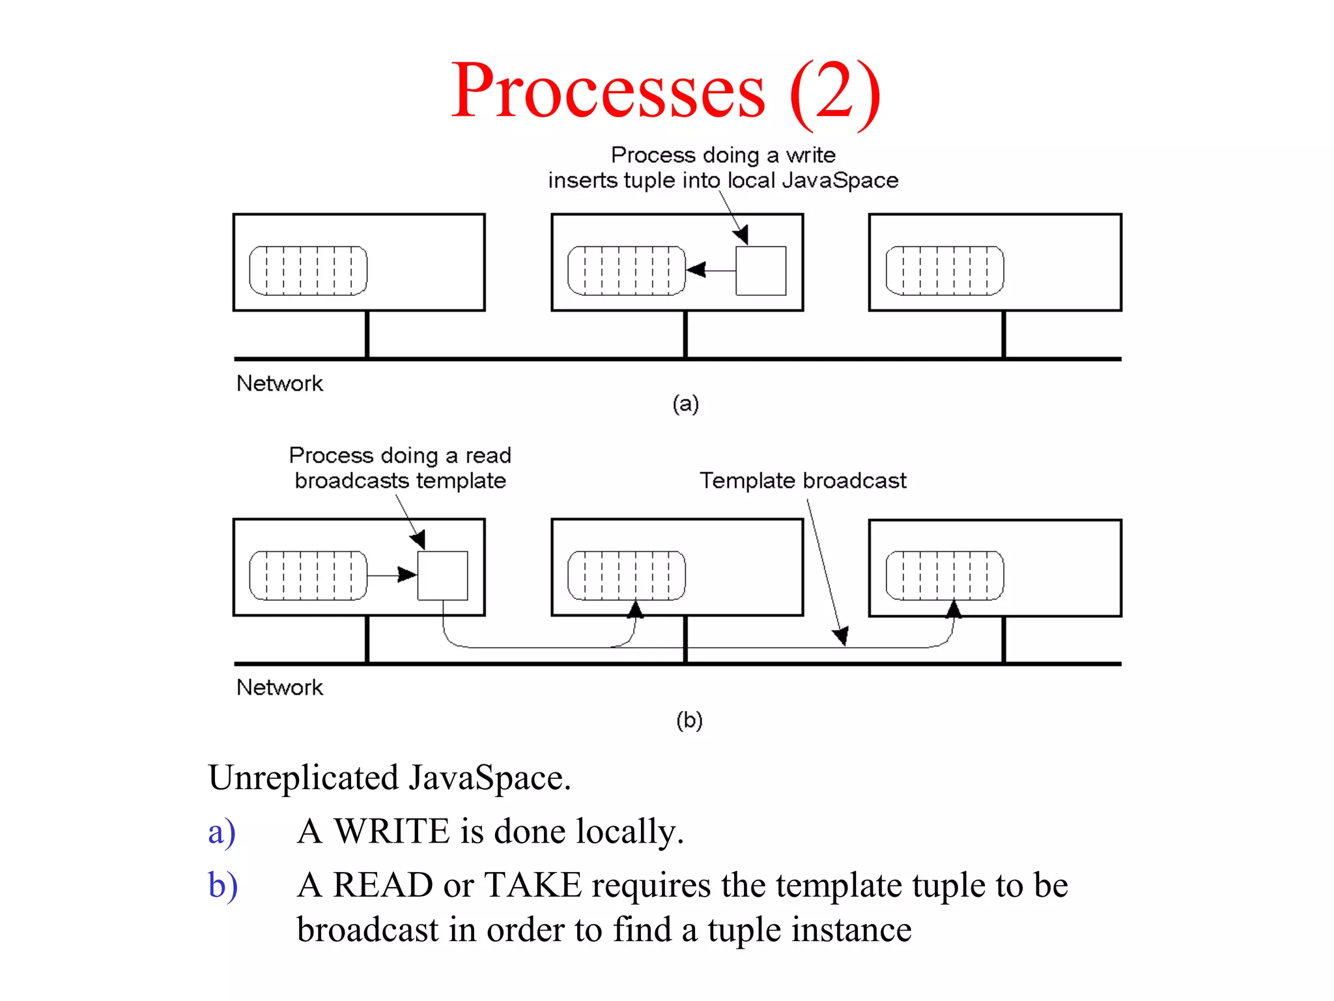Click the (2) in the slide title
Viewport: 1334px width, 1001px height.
click(x=835, y=91)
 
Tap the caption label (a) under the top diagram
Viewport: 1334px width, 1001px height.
click(x=685, y=403)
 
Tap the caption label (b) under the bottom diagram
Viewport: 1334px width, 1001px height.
click(x=689, y=720)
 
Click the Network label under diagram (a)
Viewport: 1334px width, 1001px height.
click(x=279, y=383)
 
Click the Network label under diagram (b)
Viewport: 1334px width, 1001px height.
click(x=279, y=687)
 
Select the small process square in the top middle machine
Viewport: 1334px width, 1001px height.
click(x=761, y=270)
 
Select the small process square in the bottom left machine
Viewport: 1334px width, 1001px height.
click(x=442, y=575)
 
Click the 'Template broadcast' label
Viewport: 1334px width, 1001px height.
click(x=802, y=480)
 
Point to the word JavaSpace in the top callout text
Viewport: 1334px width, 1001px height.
click(x=840, y=181)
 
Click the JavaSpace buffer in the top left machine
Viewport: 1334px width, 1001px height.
click(x=308, y=270)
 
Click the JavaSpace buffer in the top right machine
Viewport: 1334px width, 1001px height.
click(x=944, y=270)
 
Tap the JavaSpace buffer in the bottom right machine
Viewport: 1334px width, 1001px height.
click(x=944, y=575)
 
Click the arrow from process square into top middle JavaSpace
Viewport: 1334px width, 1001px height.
click(x=710, y=270)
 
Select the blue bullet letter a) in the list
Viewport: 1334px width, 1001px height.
click(x=221, y=832)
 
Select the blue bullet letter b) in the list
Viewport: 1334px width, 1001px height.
click(x=223, y=886)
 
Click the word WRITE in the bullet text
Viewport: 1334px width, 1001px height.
click(x=392, y=832)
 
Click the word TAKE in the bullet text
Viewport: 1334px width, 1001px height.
click(x=533, y=885)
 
